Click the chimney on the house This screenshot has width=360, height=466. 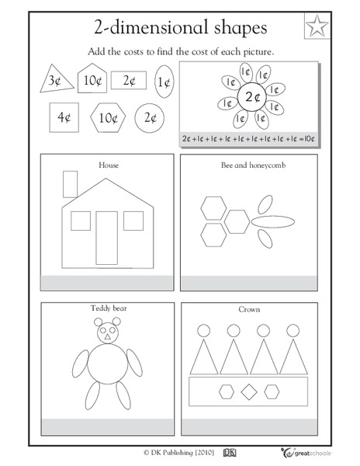click(67, 185)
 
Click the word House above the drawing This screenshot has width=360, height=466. click(107, 165)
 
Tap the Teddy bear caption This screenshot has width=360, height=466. click(107, 308)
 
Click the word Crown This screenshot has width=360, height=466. click(250, 309)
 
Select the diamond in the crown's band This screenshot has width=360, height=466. click(250, 390)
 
